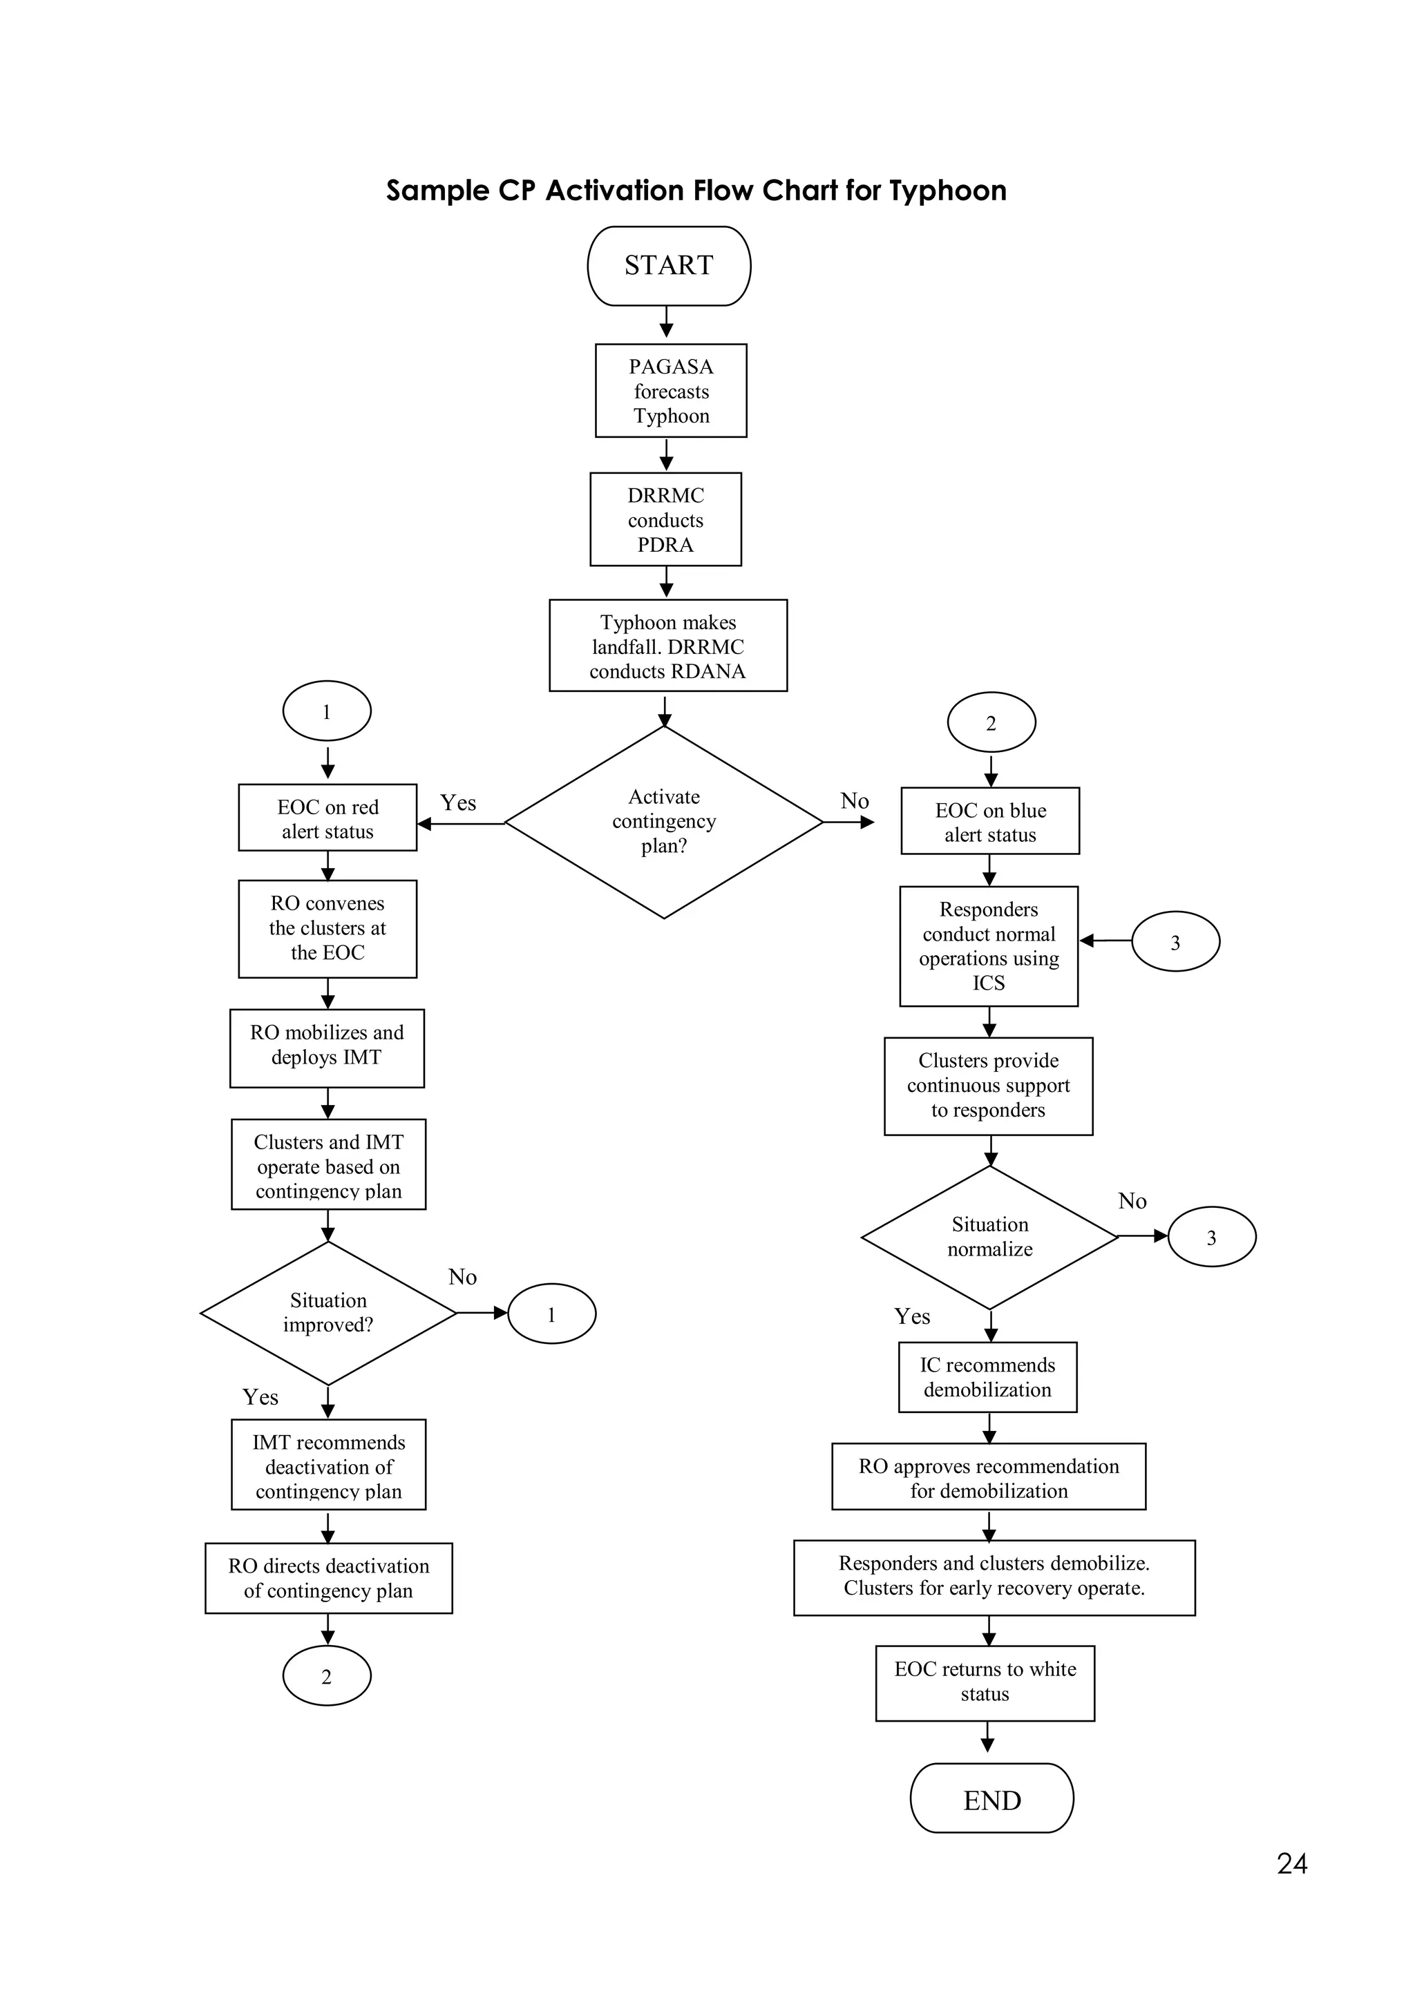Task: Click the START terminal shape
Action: coord(668,266)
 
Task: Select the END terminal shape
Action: coord(991,1800)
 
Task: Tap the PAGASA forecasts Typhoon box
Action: coord(670,390)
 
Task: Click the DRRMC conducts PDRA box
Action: coord(665,519)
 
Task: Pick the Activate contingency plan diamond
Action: coord(663,821)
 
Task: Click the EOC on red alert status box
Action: coord(327,818)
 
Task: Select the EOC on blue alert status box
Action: coord(990,821)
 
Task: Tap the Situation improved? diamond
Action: coord(327,1313)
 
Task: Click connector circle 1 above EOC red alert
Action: coord(327,712)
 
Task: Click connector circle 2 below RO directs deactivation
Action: coord(327,1676)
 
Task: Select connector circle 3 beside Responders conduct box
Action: coord(1175,941)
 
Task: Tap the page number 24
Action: coord(1291,1863)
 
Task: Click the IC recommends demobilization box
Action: coord(987,1377)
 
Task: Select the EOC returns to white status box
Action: coord(985,1682)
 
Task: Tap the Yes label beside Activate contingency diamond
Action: coord(458,802)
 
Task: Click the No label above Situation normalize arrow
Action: coord(1132,1201)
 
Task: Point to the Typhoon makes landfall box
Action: coord(667,646)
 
